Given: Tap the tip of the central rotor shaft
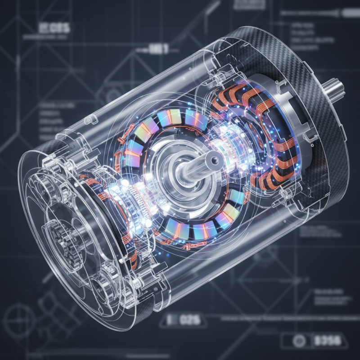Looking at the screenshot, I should [x=212, y=158].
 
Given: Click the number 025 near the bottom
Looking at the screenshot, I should [x=189, y=320].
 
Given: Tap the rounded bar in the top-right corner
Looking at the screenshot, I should [x=315, y=13].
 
